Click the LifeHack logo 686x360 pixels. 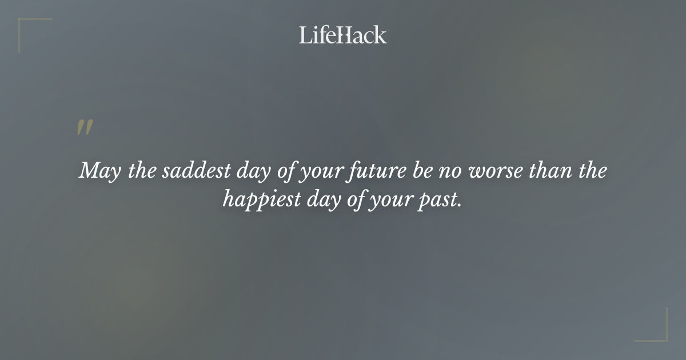pyautogui.click(x=343, y=35)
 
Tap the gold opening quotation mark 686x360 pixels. pyautogui.click(x=84, y=128)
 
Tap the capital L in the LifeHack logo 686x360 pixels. pyautogui.click(x=305, y=35)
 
